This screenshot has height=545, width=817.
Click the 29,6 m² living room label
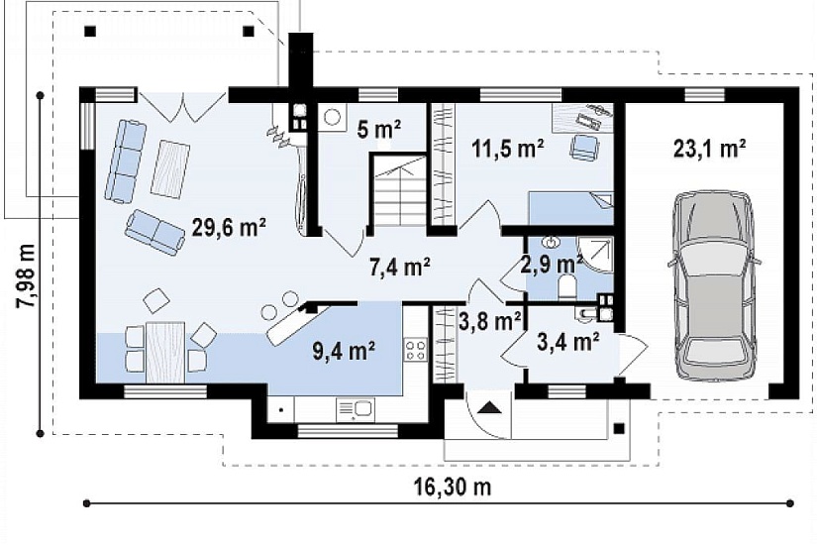[x=229, y=227]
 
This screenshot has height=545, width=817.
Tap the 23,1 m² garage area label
[x=709, y=149]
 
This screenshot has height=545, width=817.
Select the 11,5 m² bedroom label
[x=508, y=149]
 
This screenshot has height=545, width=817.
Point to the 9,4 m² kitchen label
[x=345, y=351]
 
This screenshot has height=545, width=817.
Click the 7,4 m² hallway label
[x=400, y=268]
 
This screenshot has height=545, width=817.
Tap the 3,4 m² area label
[x=568, y=342]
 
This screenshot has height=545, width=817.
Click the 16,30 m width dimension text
[x=453, y=488]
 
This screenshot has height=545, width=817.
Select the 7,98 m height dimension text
[x=26, y=275]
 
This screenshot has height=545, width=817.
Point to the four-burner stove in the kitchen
[x=416, y=350]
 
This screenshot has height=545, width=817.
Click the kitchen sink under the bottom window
[x=356, y=408]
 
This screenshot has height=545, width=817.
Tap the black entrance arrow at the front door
[x=489, y=407]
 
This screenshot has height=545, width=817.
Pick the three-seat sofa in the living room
[x=124, y=161]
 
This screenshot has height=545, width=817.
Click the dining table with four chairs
[x=165, y=352]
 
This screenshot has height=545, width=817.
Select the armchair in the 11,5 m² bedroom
[x=583, y=147]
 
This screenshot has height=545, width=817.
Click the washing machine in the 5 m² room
[x=332, y=117]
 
